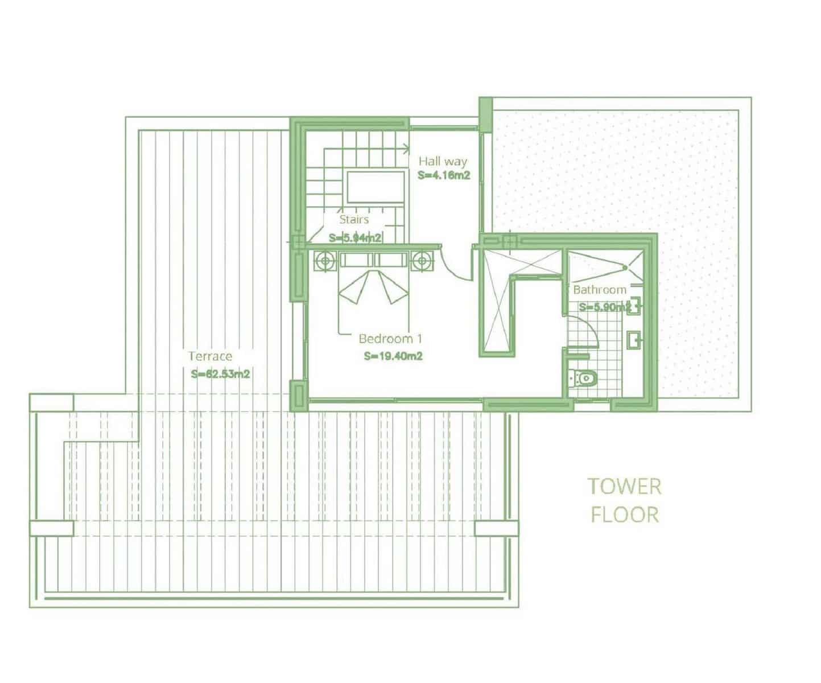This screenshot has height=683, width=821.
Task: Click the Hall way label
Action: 443,161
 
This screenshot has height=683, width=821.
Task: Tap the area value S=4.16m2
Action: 444,176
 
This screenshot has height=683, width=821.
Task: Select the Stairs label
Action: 354,219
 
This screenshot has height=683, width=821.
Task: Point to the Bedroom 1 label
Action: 390,339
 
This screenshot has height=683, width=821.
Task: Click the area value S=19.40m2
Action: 393,357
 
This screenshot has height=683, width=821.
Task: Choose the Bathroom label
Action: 600,290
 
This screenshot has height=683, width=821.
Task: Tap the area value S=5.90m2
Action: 605,307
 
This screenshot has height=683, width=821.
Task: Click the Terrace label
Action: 211,356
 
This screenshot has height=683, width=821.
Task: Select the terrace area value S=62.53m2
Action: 221,375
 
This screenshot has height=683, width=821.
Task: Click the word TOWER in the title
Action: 624,487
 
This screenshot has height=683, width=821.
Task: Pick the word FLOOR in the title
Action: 624,515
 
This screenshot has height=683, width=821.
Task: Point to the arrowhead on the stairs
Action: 406,150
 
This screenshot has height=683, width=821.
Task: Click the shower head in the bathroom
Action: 625,266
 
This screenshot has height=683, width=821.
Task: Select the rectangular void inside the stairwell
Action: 376,186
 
